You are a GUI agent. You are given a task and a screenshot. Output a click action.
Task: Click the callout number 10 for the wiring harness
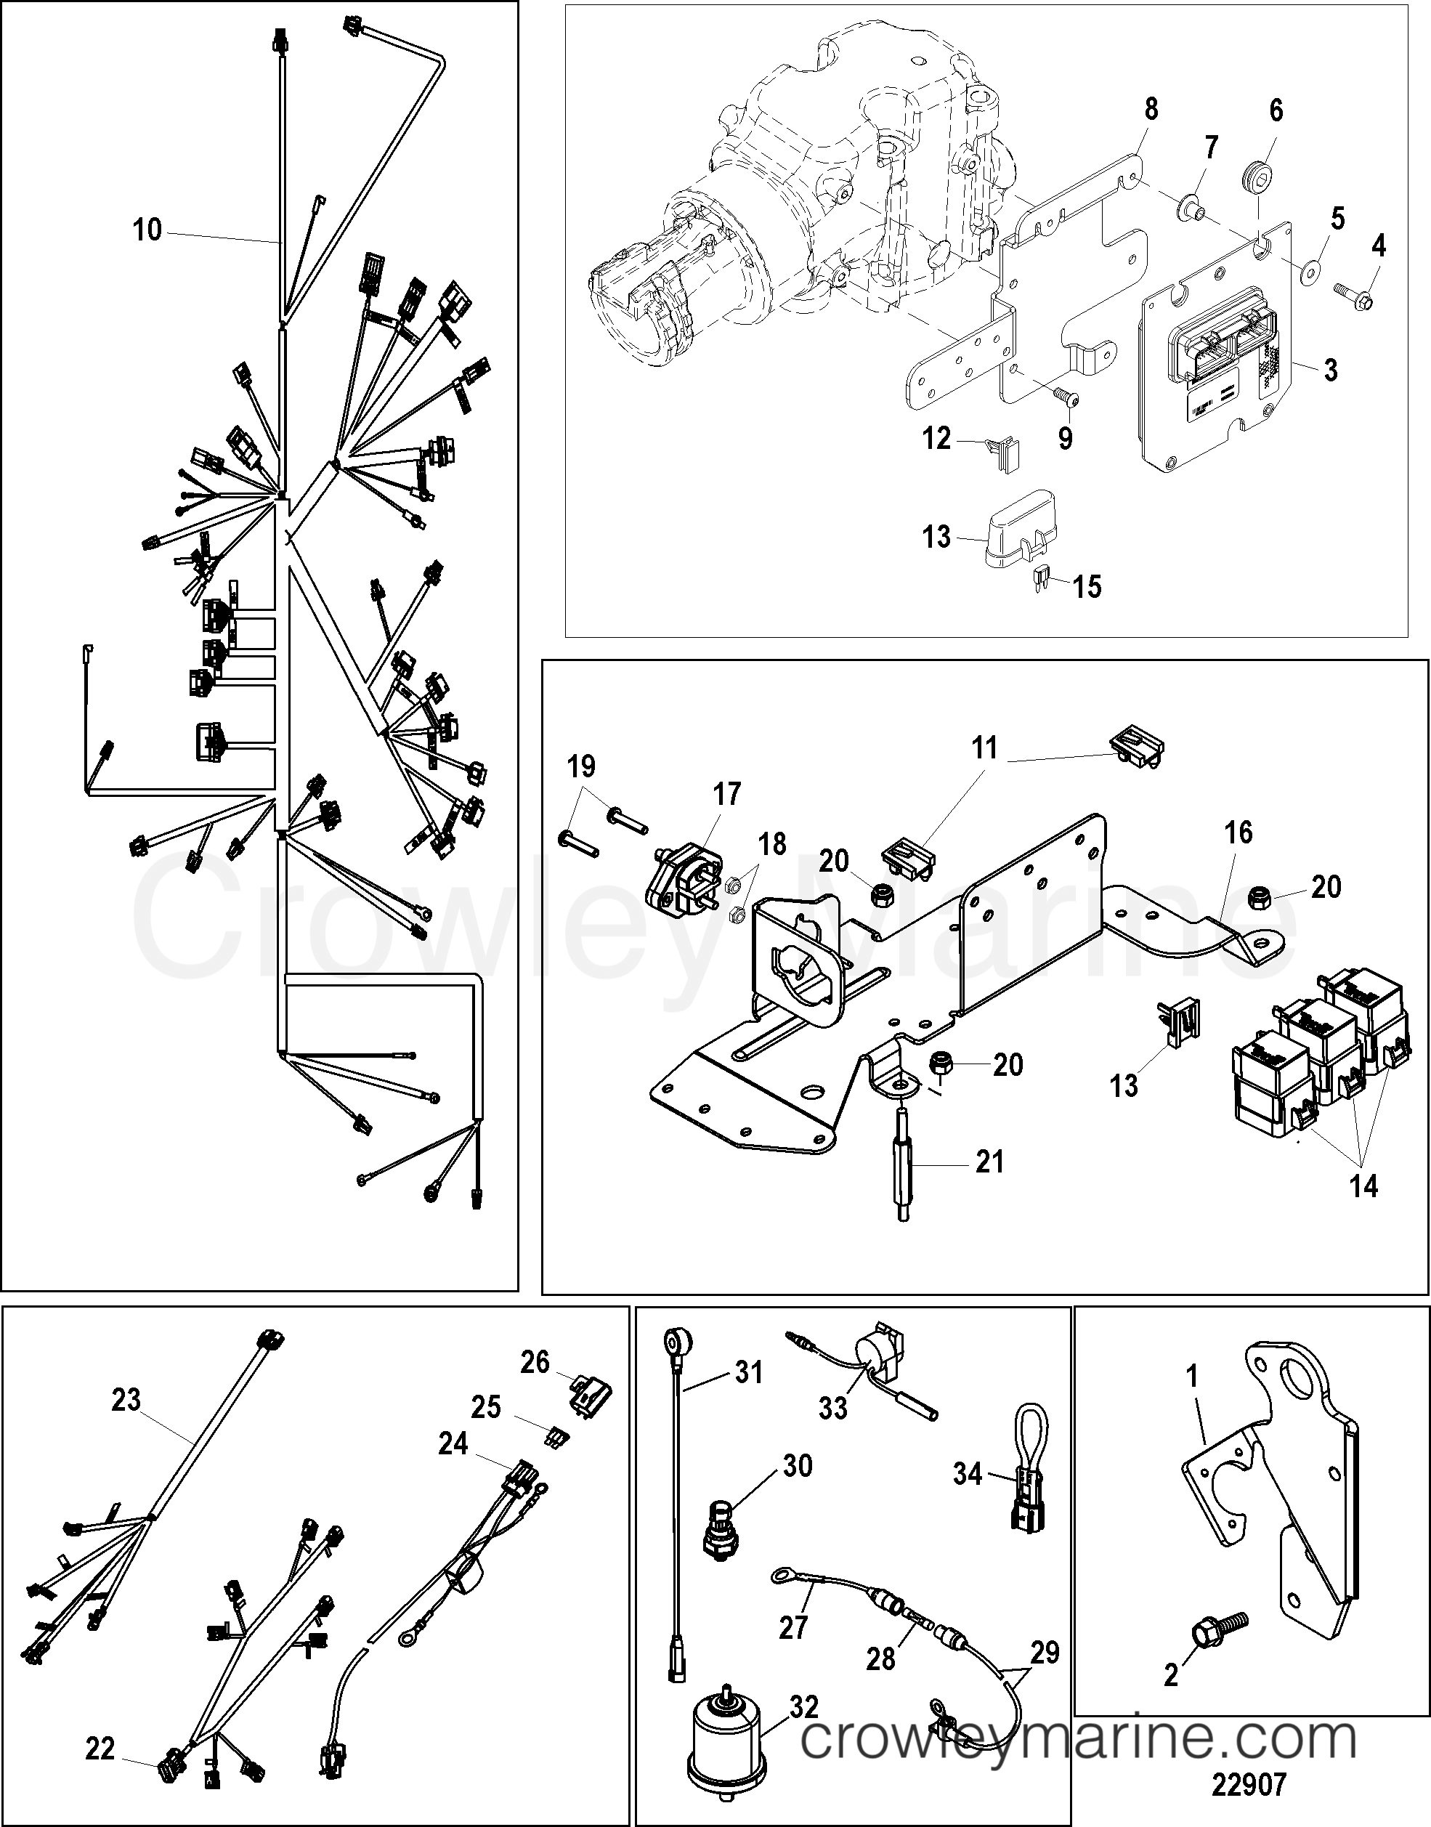pyautogui.click(x=147, y=230)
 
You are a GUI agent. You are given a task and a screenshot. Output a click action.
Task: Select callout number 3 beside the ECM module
pyautogui.click(x=1331, y=370)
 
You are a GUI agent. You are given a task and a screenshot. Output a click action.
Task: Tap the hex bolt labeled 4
pyautogui.click(x=1355, y=296)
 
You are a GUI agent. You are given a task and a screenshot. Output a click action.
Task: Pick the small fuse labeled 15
pyautogui.click(x=1039, y=578)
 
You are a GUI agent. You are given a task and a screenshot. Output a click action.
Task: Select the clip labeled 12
pyautogui.click(x=998, y=453)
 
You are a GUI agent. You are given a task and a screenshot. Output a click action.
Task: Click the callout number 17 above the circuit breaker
pyautogui.click(x=726, y=793)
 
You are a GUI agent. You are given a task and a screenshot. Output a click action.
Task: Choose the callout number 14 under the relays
pyautogui.click(x=1363, y=1186)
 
